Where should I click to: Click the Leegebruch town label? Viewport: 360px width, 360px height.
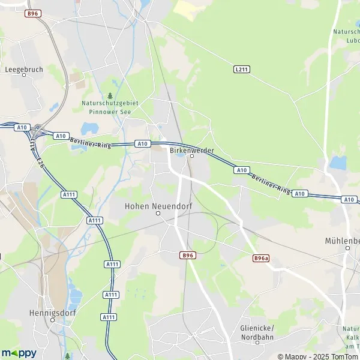click(24, 70)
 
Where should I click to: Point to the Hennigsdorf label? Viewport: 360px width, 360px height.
click(52, 313)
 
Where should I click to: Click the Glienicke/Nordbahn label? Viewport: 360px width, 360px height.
click(257, 331)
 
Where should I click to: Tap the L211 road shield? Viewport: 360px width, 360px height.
click(241, 70)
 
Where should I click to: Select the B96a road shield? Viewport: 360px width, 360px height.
click(260, 258)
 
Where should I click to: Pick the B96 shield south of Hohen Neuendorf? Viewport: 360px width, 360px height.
click(187, 255)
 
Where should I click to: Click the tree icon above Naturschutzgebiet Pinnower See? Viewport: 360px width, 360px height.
click(110, 95)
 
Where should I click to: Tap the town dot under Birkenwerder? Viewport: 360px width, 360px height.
click(192, 156)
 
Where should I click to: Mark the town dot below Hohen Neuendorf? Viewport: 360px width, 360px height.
click(158, 213)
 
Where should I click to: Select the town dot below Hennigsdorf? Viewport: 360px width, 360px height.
click(52, 320)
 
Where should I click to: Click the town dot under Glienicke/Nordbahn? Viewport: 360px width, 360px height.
click(257, 343)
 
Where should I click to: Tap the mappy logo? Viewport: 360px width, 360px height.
click(19, 353)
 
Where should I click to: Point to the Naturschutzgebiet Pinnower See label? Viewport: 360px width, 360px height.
click(110, 107)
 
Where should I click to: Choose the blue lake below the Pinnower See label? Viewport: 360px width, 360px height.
click(89, 128)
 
